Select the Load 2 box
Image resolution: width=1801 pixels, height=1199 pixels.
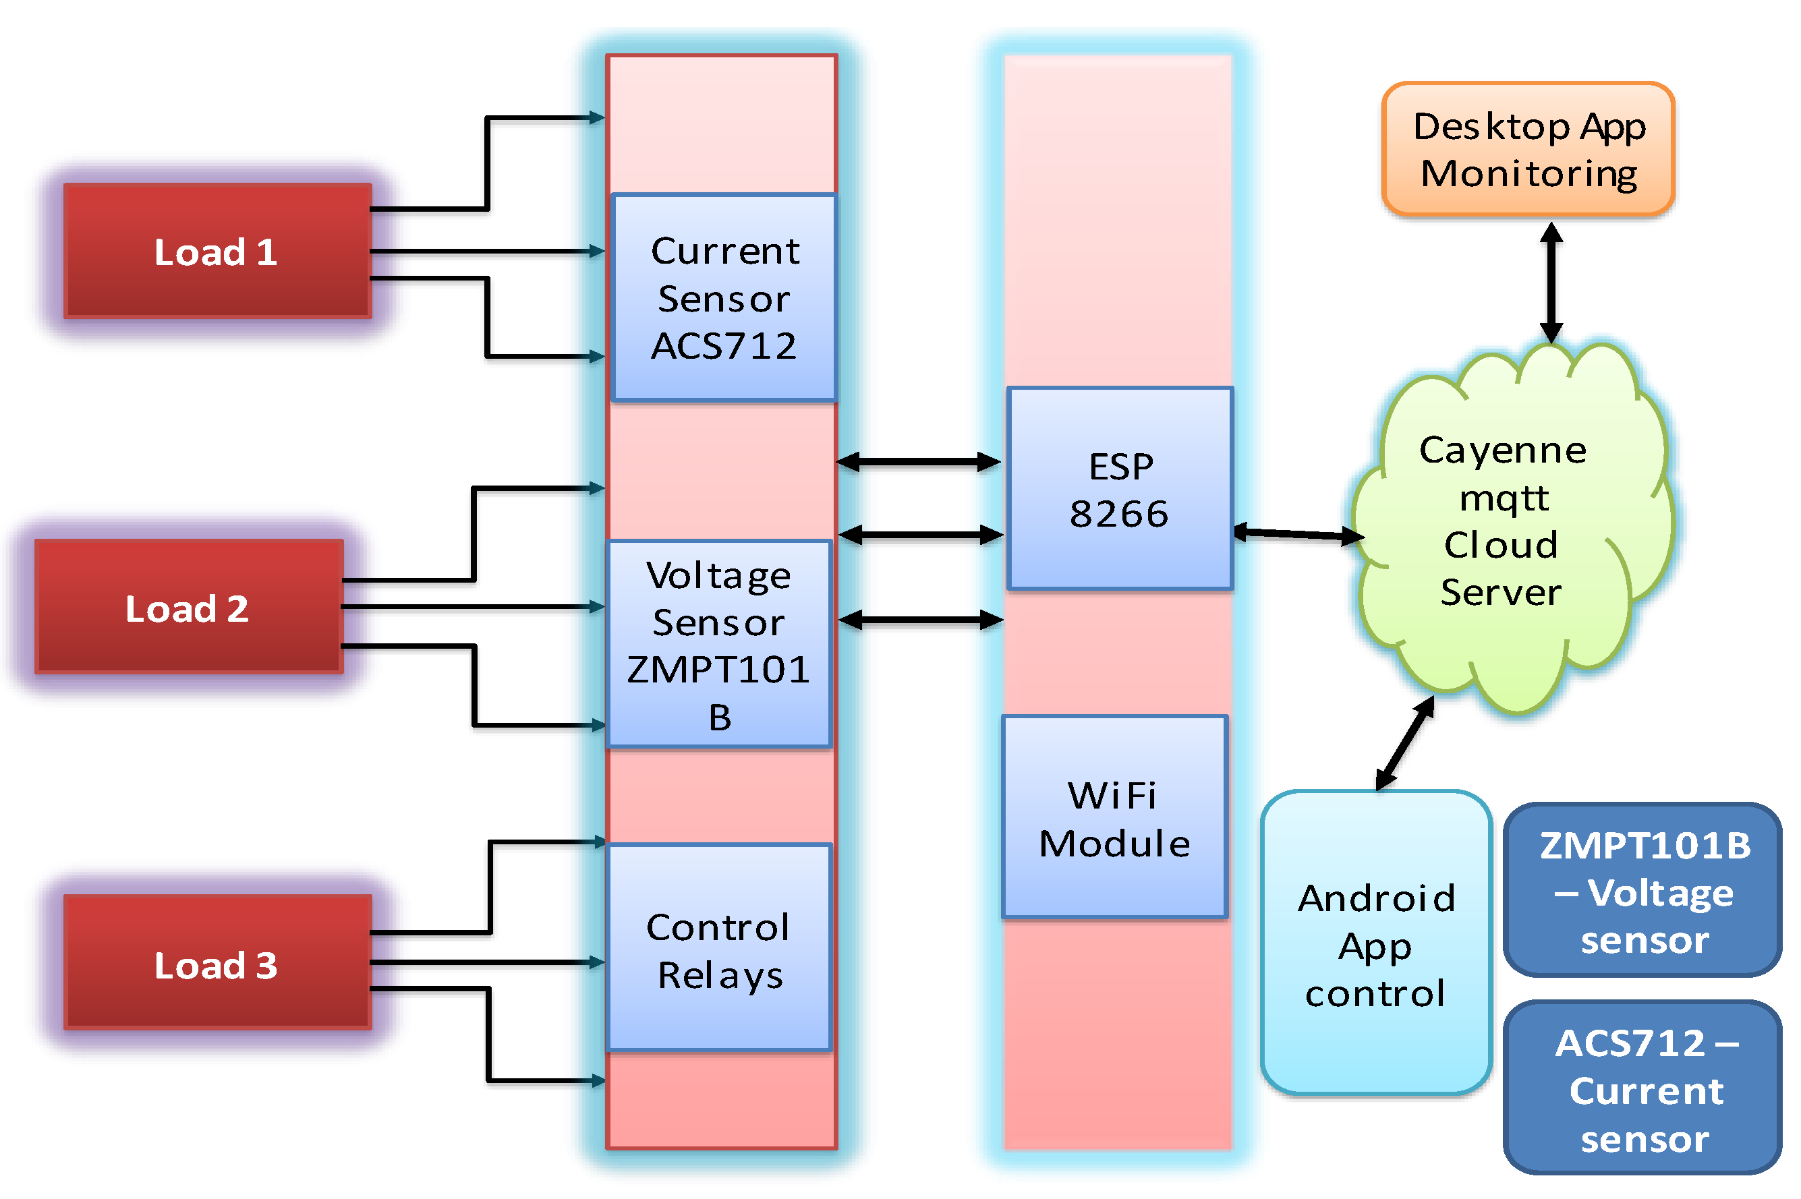(x=189, y=607)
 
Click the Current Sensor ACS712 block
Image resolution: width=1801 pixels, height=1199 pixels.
(x=724, y=297)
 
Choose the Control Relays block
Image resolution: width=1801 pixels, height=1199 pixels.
(x=719, y=948)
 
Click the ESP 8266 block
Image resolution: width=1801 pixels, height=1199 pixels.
(x=1120, y=489)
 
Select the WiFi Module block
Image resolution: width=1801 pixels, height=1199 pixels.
(x=1115, y=817)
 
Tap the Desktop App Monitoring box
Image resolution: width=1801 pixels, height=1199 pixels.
(x=1528, y=149)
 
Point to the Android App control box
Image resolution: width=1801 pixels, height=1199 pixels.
(x=1375, y=943)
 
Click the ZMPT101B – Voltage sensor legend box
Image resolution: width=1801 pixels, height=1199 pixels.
(x=1642, y=891)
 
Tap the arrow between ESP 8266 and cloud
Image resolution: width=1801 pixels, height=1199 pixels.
(x=1298, y=533)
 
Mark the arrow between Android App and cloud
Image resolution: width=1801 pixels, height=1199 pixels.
(x=1404, y=743)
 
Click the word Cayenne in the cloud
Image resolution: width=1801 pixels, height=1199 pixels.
(x=1503, y=450)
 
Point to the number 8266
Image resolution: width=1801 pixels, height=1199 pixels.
(x=1119, y=513)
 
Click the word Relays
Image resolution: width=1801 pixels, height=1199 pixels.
(x=720, y=975)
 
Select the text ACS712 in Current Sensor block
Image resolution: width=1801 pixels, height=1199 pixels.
(x=724, y=346)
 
